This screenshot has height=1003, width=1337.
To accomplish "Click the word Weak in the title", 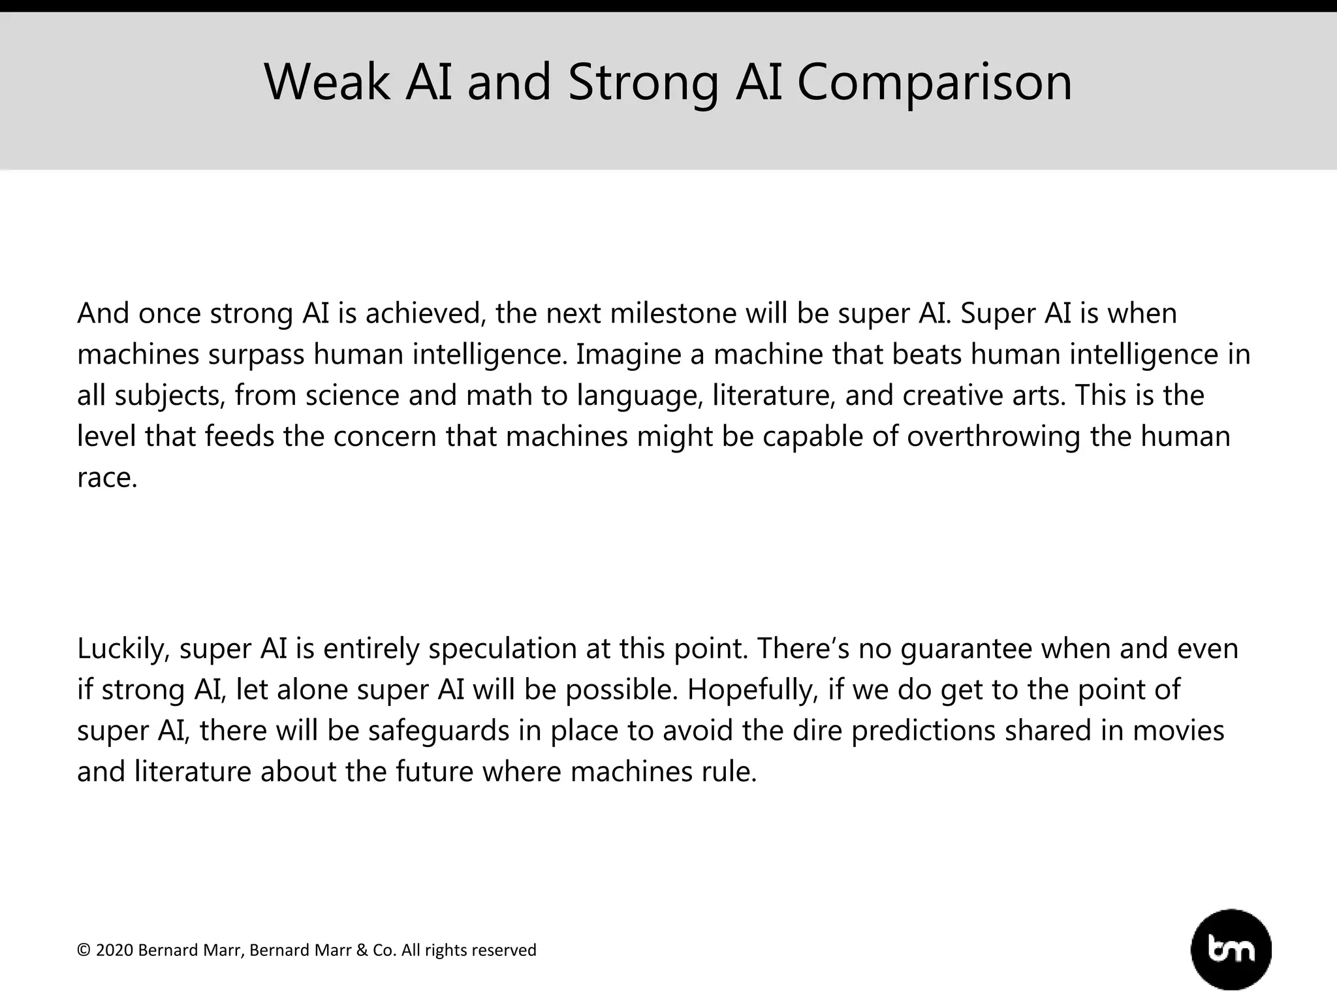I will (326, 82).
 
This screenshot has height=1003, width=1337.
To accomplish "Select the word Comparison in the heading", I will (934, 82).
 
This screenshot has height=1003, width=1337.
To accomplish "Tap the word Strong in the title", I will (643, 82).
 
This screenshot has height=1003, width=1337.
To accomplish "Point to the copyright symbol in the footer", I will (84, 950).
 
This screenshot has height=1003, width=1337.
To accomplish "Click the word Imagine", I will (627, 355).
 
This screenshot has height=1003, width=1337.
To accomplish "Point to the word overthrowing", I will (993, 436).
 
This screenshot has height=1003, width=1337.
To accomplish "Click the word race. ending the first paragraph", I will (106, 478).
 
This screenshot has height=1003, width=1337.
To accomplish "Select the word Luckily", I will (123, 648).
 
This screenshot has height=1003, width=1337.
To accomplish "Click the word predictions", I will (923, 731).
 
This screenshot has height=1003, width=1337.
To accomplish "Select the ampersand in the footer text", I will (362, 950).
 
